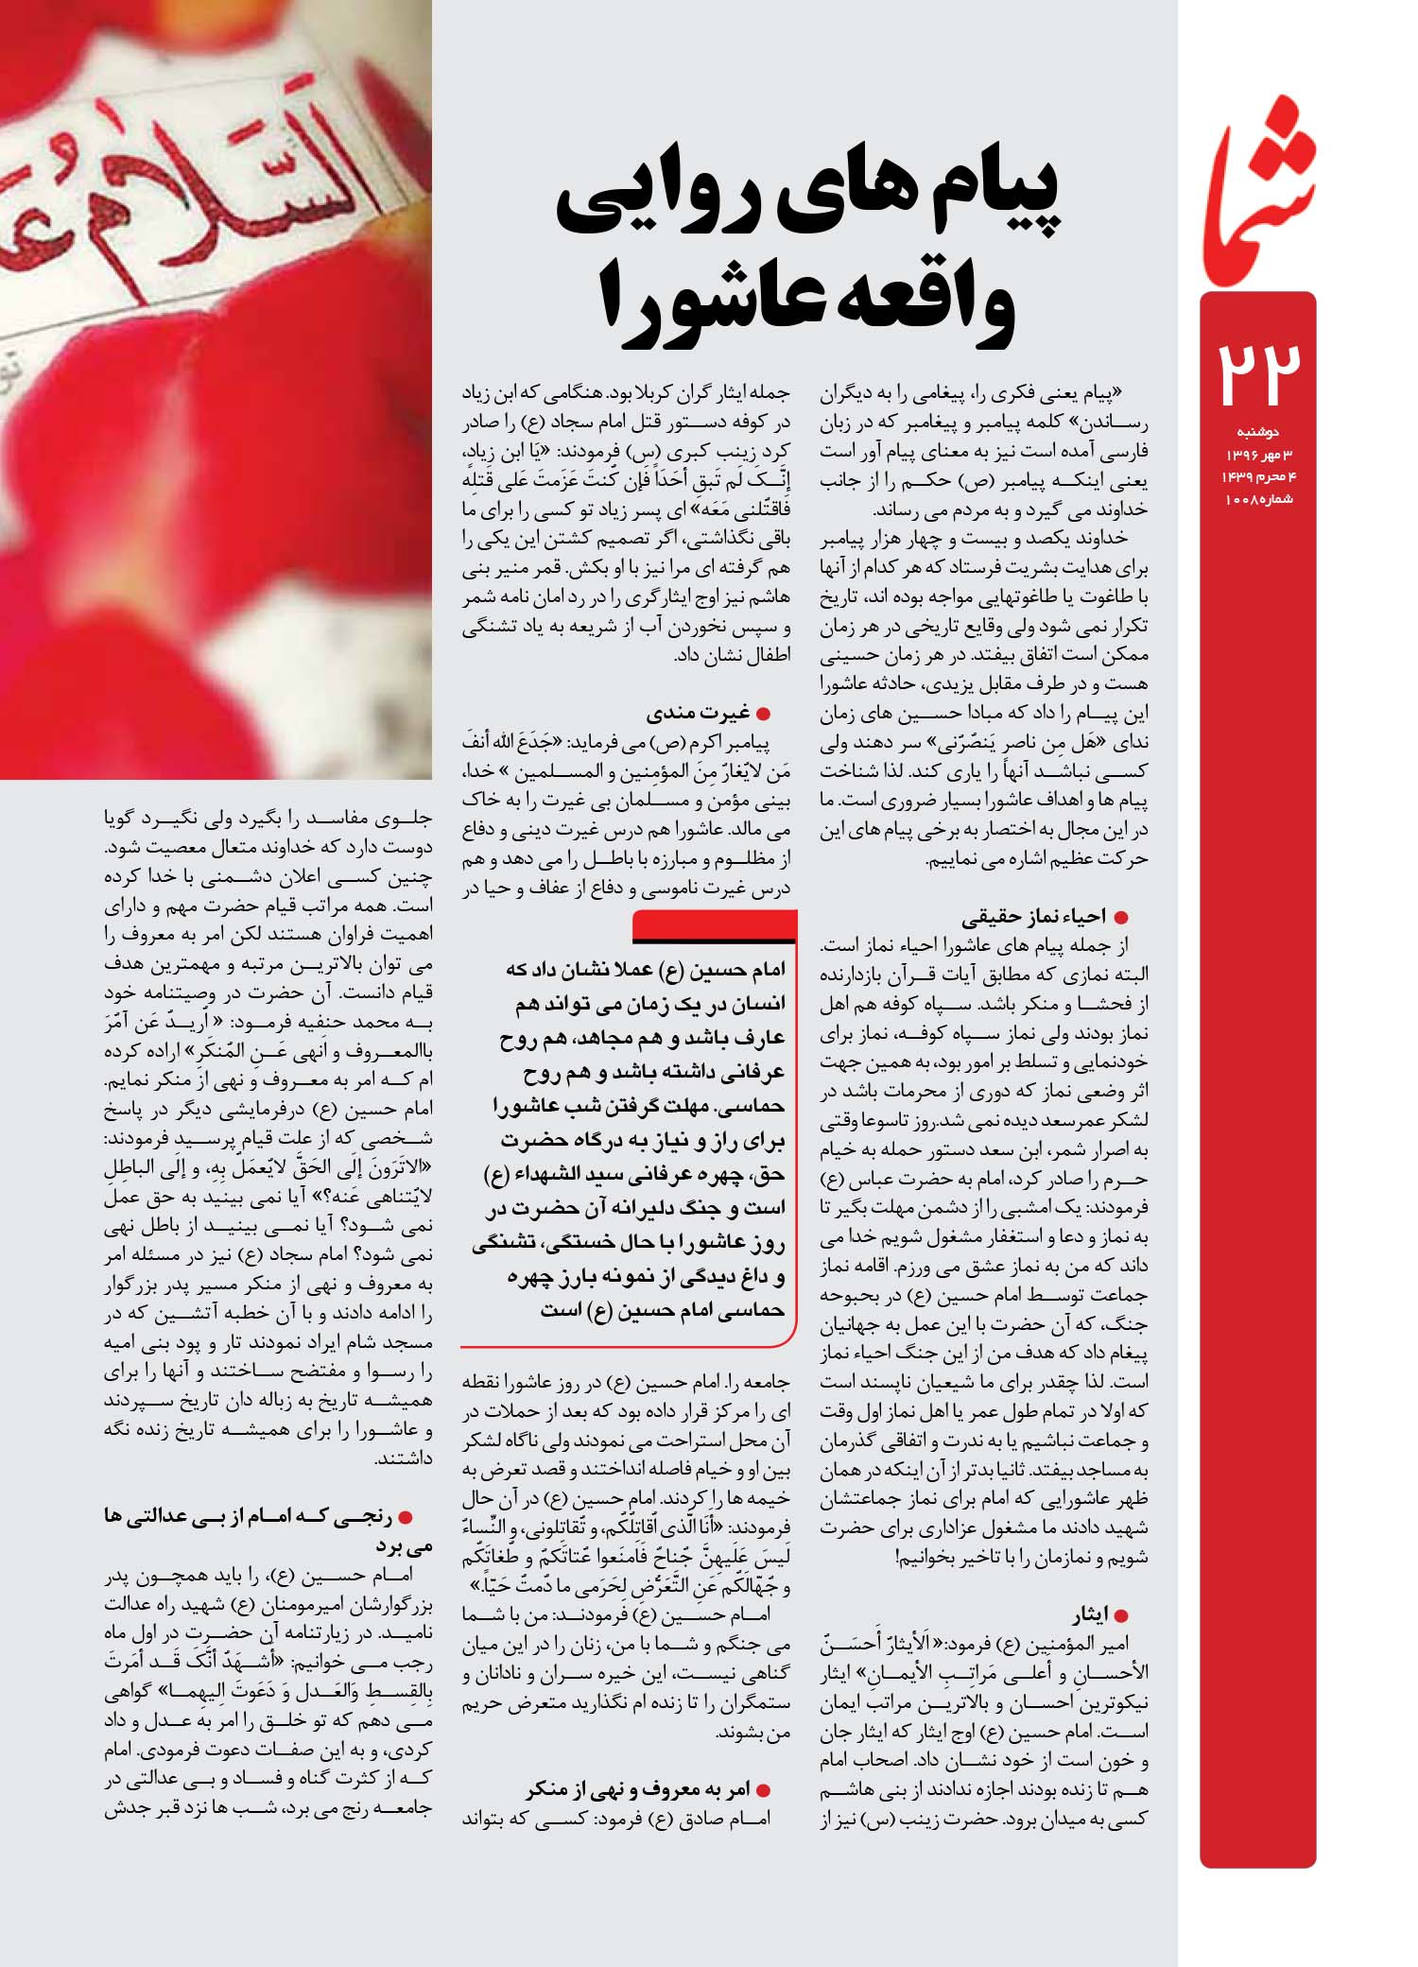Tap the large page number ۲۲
point(1257,374)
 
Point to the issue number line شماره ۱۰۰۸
point(1259,498)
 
